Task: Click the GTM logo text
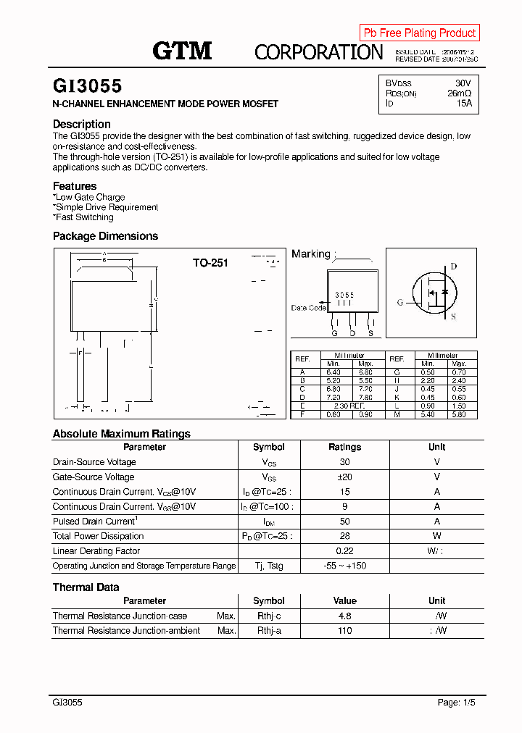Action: click(x=182, y=51)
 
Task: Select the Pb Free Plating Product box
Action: click(x=419, y=33)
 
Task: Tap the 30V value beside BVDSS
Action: click(x=463, y=83)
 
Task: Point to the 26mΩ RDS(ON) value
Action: click(x=459, y=93)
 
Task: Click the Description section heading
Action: click(x=82, y=124)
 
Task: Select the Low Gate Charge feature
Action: click(x=90, y=197)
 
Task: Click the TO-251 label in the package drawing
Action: click(x=210, y=263)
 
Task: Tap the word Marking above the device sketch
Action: click(x=310, y=254)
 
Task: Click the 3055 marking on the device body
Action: click(x=344, y=296)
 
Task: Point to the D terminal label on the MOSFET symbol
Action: click(x=454, y=267)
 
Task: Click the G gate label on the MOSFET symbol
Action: click(x=399, y=303)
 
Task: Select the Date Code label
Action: click(x=308, y=308)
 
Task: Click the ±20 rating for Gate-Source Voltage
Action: click(x=344, y=477)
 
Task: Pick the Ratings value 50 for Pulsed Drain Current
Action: click(x=344, y=522)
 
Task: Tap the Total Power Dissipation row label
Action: click(x=98, y=536)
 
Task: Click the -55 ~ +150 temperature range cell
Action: click(x=344, y=566)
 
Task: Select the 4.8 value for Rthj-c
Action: click(x=344, y=616)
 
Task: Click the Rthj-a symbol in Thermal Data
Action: click(x=268, y=631)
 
